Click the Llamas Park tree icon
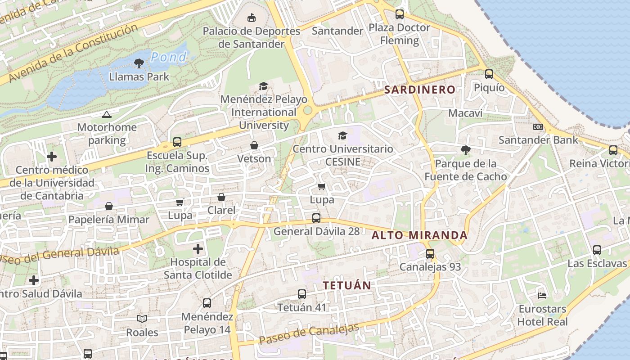coord(139,63)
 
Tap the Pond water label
coord(168,57)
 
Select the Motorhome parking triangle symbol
coord(106,115)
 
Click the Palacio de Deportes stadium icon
coord(252,18)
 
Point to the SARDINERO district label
coord(419,90)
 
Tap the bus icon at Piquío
coord(489,74)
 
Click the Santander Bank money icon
coord(538,127)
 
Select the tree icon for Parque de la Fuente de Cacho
coord(465,150)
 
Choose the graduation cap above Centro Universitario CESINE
coord(342,135)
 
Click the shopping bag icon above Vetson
coord(254,145)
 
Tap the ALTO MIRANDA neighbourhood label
coord(419,235)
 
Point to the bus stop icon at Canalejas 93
coord(430,254)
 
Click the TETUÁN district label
coord(347,285)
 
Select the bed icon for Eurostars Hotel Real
coord(542,296)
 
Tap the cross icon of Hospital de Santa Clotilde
coord(198,248)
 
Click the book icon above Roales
coord(142,319)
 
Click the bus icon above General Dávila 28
coord(316,218)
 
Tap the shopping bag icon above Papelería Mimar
coord(109,207)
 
